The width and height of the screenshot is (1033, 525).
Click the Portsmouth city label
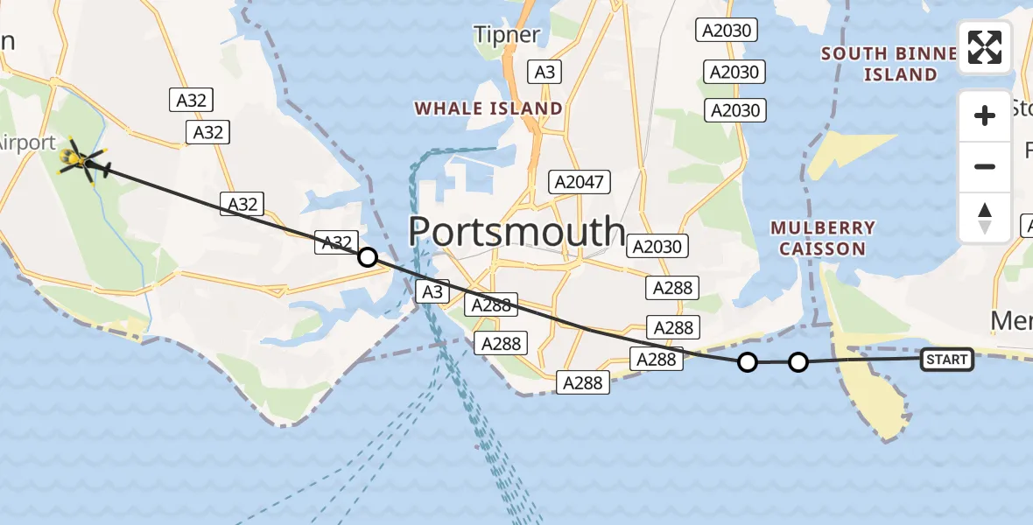tap(516, 232)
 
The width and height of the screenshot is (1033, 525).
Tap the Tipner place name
tap(507, 35)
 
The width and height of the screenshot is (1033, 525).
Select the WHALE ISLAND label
tap(488, 108)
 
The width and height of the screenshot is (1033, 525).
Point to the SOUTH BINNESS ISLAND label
tap(889, 64)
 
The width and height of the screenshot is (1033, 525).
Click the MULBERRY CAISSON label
tap(822, 238)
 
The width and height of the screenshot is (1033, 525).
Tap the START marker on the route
tap(946, 359)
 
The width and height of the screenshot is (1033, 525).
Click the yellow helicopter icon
tap(81, 160)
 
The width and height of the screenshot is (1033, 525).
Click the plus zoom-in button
tap(985, 115)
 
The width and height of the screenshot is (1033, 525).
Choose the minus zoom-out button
tap(985, 166)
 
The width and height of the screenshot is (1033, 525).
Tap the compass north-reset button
tap(985, 217)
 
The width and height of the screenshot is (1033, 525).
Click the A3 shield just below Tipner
tap(545, 72)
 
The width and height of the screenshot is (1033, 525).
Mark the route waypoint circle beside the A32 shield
tap(368, 257)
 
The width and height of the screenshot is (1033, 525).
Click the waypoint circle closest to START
tap(798, 361)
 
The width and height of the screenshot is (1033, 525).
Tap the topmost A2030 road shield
tap(727, 31)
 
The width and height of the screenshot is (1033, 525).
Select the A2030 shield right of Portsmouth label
tap(657, 247)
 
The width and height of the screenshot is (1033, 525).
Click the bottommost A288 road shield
tap(583, 382)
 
